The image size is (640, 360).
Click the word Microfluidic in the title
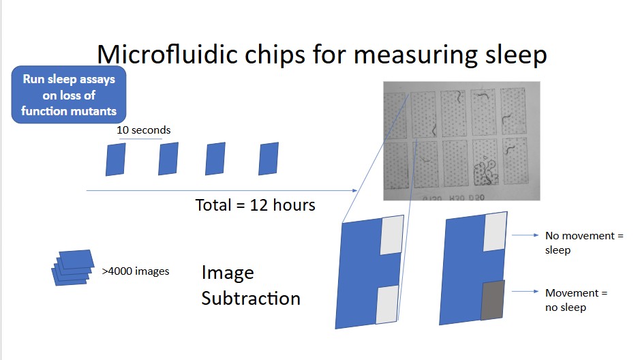coord(168,55)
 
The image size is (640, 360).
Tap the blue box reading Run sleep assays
coord(69,95)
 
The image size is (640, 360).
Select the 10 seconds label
coord(144,130)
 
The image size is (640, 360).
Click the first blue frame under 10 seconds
coord(115,160)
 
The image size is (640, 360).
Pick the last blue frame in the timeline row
coord(269,159)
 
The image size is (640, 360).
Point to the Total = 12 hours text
coord(255,205)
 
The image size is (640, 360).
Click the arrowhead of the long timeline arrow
coord(355,191)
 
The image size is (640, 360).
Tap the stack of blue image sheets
coord(73,268)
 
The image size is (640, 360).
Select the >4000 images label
coord(136,271)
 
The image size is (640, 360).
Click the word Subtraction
coord(251,299)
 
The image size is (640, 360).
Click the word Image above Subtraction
coord(228,273)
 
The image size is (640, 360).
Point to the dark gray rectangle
coord(493,300)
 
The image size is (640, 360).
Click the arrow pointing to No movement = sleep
coord(525,235)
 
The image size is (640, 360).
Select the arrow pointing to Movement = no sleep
coord(525,291)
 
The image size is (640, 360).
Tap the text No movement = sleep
coord(584,243)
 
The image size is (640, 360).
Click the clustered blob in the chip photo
coord(485,171)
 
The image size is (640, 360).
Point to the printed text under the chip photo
coord(453,198)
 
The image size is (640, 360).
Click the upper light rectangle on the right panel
coord(495,231)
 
